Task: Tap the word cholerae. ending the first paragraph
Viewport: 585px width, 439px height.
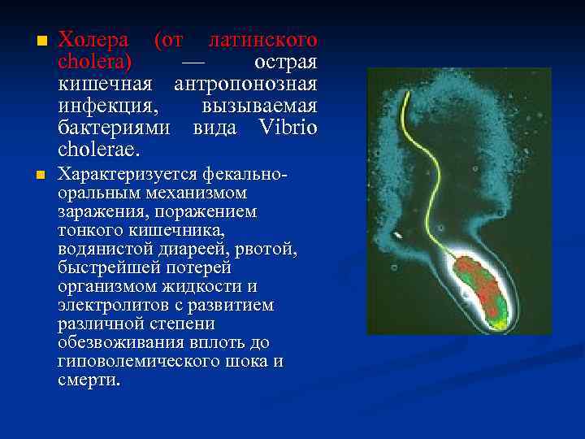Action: (98, 150)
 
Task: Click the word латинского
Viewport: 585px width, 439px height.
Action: (262, 40)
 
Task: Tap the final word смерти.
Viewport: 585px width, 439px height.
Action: (89, 379)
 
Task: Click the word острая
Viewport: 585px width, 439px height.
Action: (285, 62)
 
